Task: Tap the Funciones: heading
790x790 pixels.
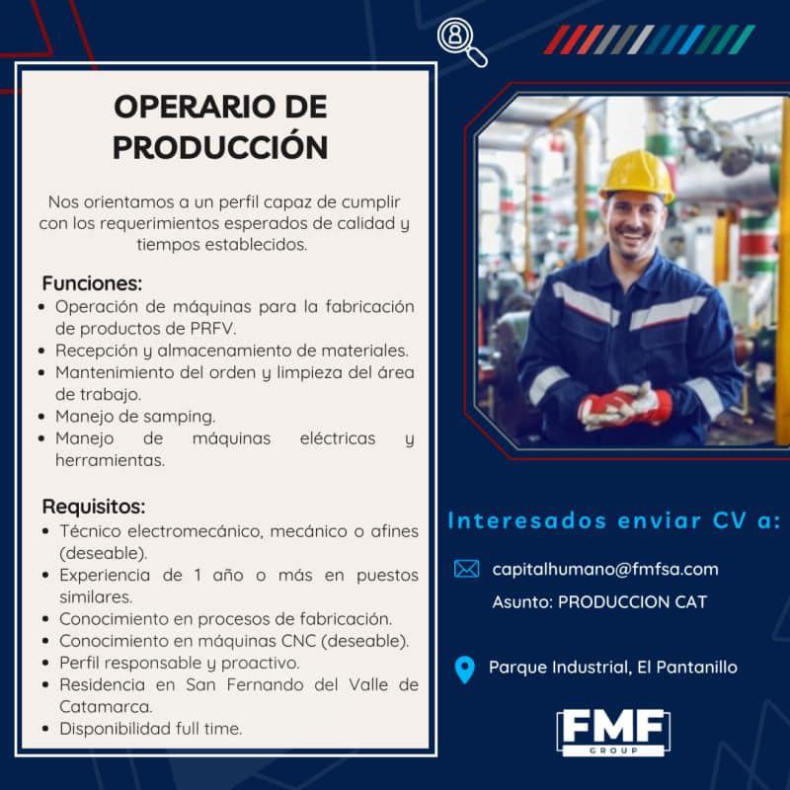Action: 92,283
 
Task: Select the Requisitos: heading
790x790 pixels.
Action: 94,507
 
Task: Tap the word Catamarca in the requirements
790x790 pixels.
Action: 106,706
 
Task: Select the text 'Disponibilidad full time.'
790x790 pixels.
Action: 151,729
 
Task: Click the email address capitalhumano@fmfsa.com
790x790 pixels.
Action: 605,570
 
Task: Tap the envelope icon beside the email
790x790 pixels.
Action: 466,569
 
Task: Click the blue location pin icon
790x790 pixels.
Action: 464,670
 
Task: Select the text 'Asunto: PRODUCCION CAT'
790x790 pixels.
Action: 599,602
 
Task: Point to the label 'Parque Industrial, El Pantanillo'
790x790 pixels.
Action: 612,668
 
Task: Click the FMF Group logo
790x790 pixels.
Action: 613,732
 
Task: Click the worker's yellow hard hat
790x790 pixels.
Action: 638,176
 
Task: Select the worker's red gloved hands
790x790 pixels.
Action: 625,406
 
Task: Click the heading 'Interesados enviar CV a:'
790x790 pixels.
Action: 613,521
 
